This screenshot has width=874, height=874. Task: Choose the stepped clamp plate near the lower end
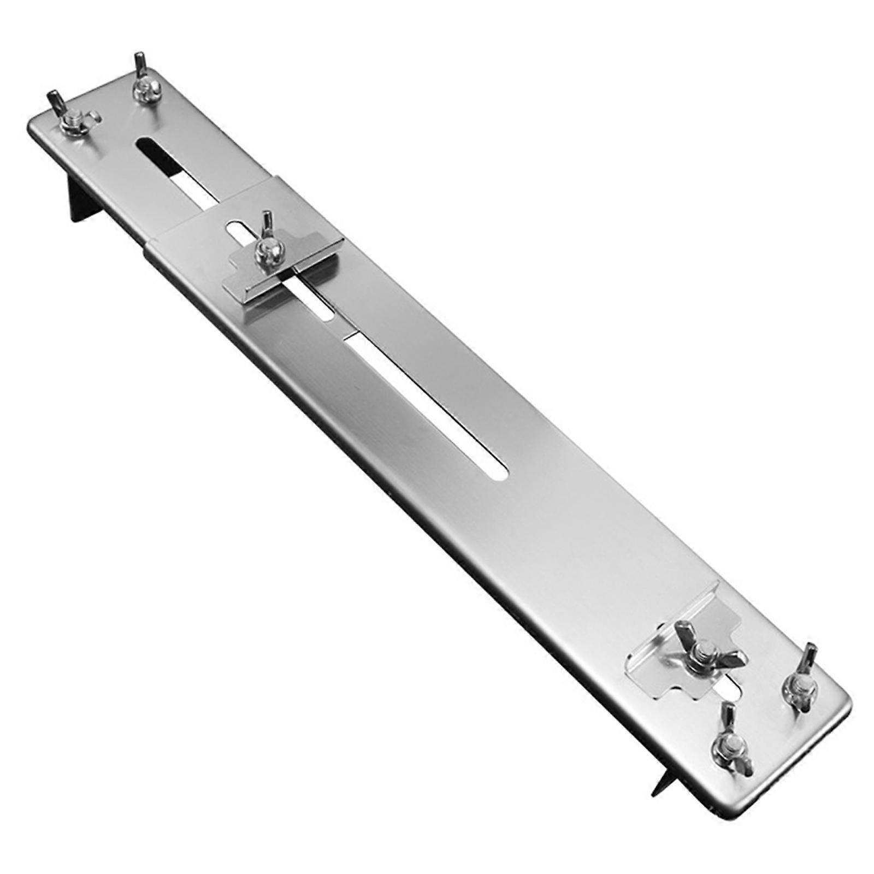(x=664, y=664)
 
